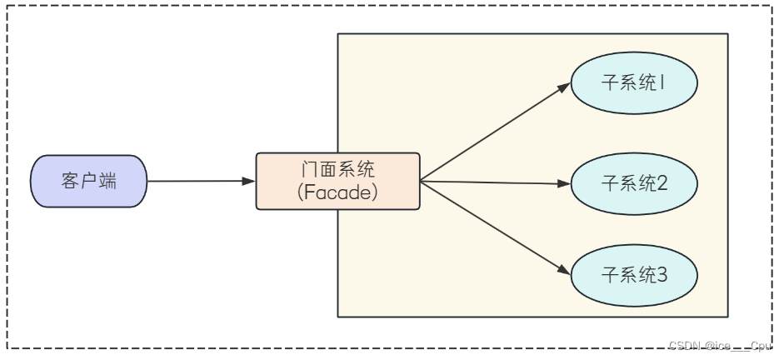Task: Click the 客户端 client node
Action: click(88, 181)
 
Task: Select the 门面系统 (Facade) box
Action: click(337, 181)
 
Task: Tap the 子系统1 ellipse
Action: click(633, 84)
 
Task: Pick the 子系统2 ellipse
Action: click(633, 183)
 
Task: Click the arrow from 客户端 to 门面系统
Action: click(200, 181)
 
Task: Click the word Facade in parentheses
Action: click(337, 192)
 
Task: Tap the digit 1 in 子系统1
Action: click(663, 84)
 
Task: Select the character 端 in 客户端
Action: click(107, 181)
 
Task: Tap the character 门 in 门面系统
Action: click(309, 169)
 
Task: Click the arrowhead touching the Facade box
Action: click(249, 181)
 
